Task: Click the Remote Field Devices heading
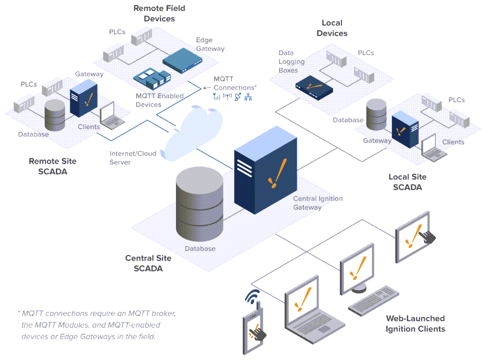click(x=160, y=13)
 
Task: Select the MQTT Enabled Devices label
click(x=160, y=100)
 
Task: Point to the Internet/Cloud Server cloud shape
click(x=192, y=131)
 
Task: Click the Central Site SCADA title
click(x=148, y=263)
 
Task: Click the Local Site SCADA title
click(x=407, y=182)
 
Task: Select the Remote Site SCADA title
click(x=52, y=166)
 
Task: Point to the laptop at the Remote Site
click(x=111, y=115)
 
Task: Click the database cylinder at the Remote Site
click(x=54, y=115)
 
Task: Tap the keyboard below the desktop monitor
click(x=373, y=298)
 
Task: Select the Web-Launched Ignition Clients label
click(x=415, y=323)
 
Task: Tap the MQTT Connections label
click(x=234, y=83)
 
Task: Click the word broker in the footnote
click(x=162, y=313)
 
